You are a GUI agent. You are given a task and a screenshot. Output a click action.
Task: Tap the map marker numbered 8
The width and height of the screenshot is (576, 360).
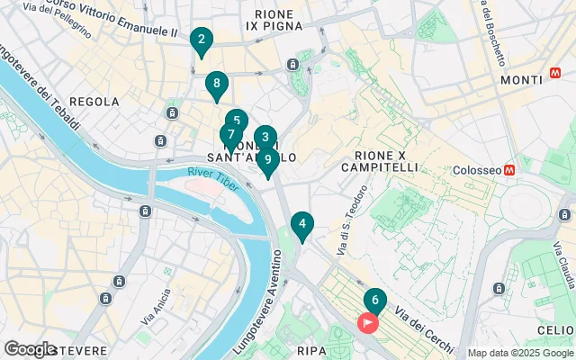click(215, 85)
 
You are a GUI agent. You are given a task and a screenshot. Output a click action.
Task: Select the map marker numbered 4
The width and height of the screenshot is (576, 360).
click(302, 225)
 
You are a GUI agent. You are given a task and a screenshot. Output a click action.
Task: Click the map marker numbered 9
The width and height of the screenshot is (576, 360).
click(267, 160)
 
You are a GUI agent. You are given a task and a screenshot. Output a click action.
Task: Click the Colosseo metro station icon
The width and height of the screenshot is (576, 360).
click(509, 169)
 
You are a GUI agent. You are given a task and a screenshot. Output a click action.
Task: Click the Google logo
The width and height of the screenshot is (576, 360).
click(30, 349)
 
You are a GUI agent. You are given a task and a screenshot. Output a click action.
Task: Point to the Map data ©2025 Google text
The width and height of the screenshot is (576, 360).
click(519, 353)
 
